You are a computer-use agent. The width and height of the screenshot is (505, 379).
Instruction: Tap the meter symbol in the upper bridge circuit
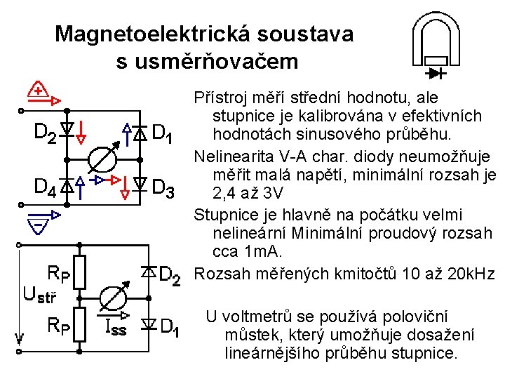pos(103,158)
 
